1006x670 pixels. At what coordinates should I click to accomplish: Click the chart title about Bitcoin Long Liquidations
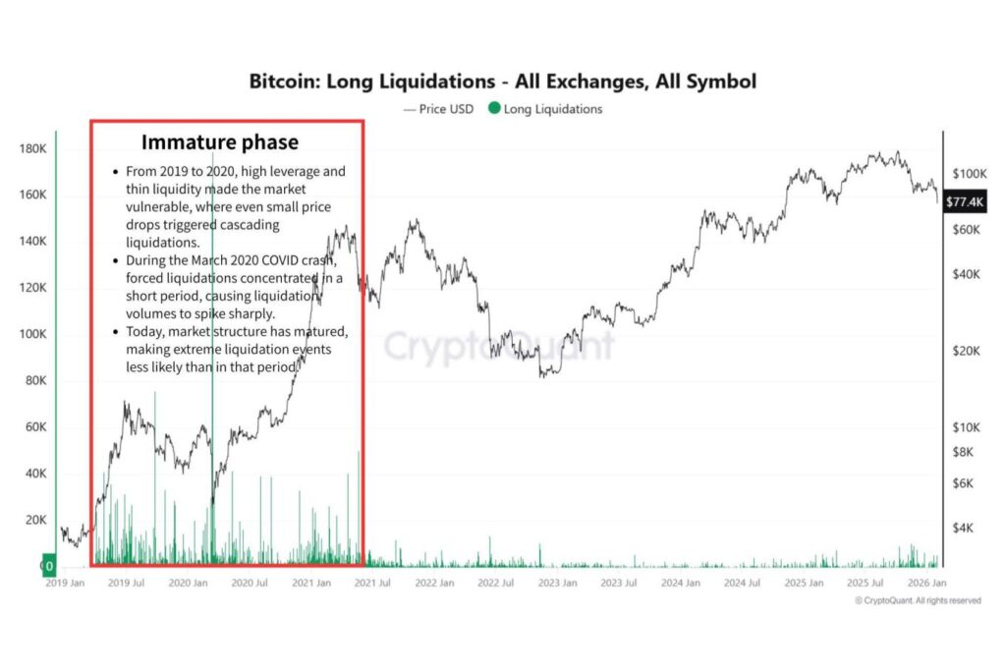pos(502,81)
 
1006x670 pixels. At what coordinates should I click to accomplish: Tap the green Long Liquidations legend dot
pos(494,109)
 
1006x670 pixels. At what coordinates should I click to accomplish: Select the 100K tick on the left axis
pos(33,334)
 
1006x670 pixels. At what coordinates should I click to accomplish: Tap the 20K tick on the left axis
pos(36,520)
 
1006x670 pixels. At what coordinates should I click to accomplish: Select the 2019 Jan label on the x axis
pos(66,583)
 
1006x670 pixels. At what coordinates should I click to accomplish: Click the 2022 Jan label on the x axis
pos(433,583)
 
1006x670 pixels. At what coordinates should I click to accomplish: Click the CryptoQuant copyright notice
pos(917,600)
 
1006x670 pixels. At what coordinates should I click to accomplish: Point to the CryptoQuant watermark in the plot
pos(498,347)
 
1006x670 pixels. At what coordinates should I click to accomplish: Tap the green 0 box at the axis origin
pos(46,567)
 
